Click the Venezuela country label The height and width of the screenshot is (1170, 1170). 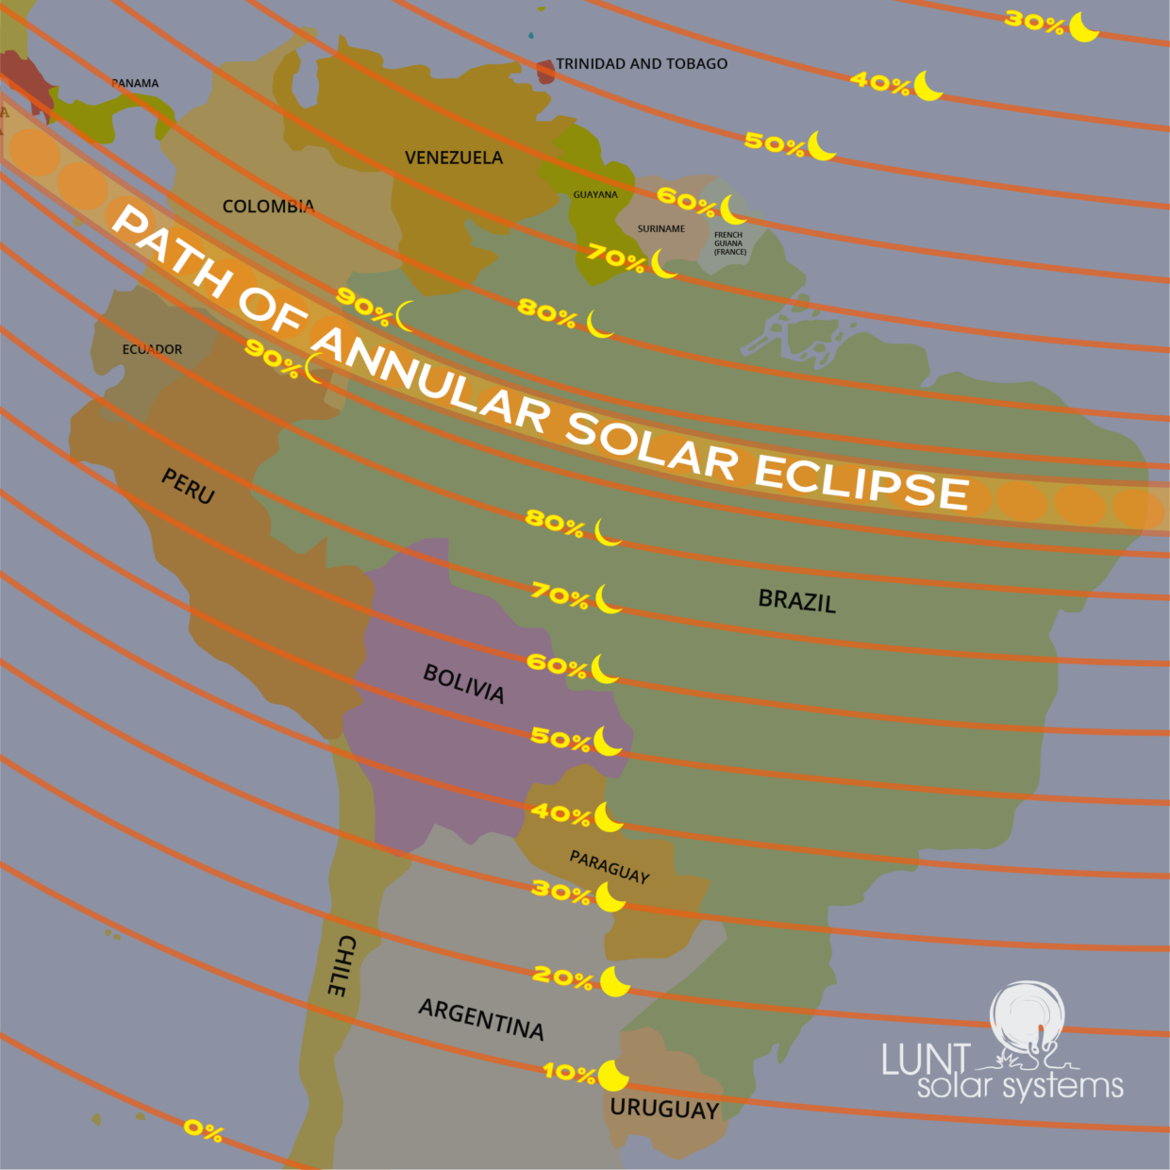click(x=454, y=158)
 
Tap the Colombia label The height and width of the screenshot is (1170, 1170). click(x=268, y=206)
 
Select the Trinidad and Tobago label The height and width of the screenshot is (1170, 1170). click(x=642, y=64)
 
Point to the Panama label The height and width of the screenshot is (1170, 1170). click(x=135, y=83)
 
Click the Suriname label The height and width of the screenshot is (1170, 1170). click(x=661, y=229)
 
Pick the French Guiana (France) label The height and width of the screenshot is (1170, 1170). click(x=729, y=243)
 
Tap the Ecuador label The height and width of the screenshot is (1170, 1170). click(x=152, y=349)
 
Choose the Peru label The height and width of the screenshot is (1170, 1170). click(x=188, y=486)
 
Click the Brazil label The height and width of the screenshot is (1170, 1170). click(x=797, y=601)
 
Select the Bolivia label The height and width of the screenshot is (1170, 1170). click(x=463, y=683)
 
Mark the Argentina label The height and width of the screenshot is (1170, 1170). click(x=481, y=1020)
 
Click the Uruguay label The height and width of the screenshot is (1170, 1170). click(x=664, y=1109)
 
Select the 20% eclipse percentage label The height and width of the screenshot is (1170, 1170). click(x=562, y=977)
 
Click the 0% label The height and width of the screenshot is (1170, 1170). click(x=203, y=1129)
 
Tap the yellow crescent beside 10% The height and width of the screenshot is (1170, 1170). click(x=613, y=1075)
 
